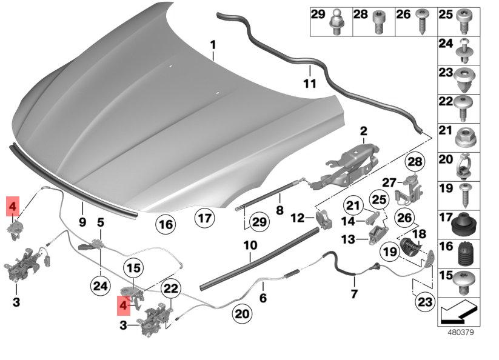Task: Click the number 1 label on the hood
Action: click(x=213, y=45)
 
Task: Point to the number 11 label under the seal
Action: click(x=309, y=84)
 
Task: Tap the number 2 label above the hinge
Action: click(x=363, y=131)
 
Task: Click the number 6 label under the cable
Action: click(x=263, y=299)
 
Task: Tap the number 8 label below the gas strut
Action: click(x=280, y=210)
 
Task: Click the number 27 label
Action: click(x=389, y=182)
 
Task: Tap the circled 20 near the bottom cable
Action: click(x=242, y=313)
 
